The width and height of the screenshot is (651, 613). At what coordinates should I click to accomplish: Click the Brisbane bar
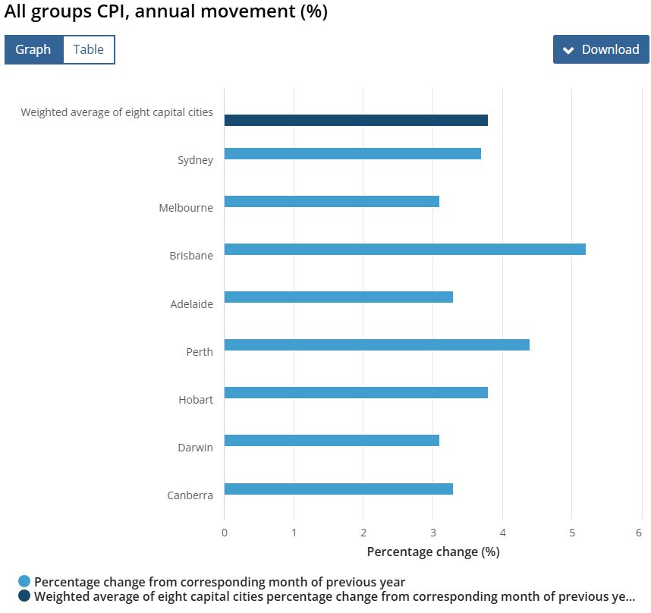pyautogui.click(x=404, y=249)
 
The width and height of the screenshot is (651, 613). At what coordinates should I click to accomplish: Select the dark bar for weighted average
pyautogui.click(x=356, y=120)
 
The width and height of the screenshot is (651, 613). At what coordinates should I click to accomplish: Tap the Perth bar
pyautogui.click(x=376, y=345)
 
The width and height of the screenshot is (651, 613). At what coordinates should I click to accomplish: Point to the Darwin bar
pyautogui.click(x=332, y=441)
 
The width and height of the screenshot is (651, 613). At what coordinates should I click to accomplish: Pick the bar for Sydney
pyautogui.click(x=352, y=153)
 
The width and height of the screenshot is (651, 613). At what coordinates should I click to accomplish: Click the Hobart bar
pyautogui.click(x=356, y=393)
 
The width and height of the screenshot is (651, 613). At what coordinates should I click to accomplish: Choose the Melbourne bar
pyautogui.click(x=332, y=201)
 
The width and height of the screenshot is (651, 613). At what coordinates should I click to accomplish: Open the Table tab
pyautogui.click(x=88, y=49)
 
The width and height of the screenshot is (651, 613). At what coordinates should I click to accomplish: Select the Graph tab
pyautogui.click(x=33, y=49)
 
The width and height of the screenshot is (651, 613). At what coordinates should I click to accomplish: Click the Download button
pyautogui.click(x=601, y=49)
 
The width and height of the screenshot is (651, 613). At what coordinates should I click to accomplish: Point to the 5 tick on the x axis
pyautogui.click(x=571, y=533)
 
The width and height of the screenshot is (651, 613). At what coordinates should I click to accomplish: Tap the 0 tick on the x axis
pyautogui.click(x=225, y=533)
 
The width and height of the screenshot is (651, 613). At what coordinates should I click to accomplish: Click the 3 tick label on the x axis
pyautogui.click(x=432, y=533)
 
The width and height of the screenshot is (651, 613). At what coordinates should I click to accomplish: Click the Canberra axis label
pyautogui.click(x=190, y=495)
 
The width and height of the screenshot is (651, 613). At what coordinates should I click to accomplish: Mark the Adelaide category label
pyautogui.click(x=191, y=304)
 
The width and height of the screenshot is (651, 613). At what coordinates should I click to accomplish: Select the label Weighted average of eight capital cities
pyautogui.click(x=117, y=112)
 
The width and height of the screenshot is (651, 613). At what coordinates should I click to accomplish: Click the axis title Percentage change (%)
pyautogui.click(x=432, y=552)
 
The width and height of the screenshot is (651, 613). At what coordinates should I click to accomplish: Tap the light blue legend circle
pyautogui.click(x=25, y=582)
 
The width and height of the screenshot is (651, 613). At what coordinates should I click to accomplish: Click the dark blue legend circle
pyautogui.click(x=25, y=596)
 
